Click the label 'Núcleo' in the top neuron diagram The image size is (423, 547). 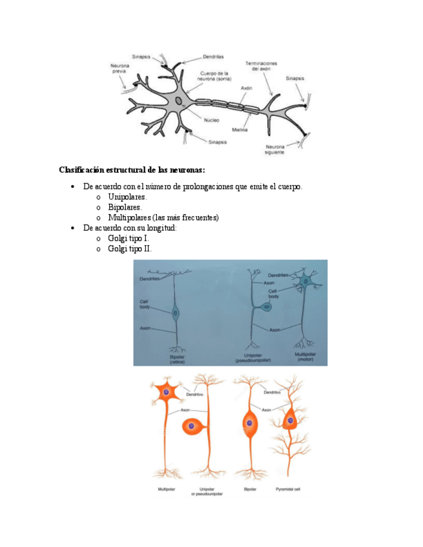coord(211,119)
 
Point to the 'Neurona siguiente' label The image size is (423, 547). coord(274,150)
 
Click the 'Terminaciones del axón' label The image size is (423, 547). coord(261,66)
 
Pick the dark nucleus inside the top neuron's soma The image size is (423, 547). coord(179,101)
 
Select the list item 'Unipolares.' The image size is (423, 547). coord(127,197)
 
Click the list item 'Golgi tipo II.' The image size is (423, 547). coord(130,248)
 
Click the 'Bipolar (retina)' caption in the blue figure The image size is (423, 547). coord(177,360)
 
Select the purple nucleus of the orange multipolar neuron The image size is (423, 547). coord(167,392)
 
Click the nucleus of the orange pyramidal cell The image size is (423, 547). coord(291,420)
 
